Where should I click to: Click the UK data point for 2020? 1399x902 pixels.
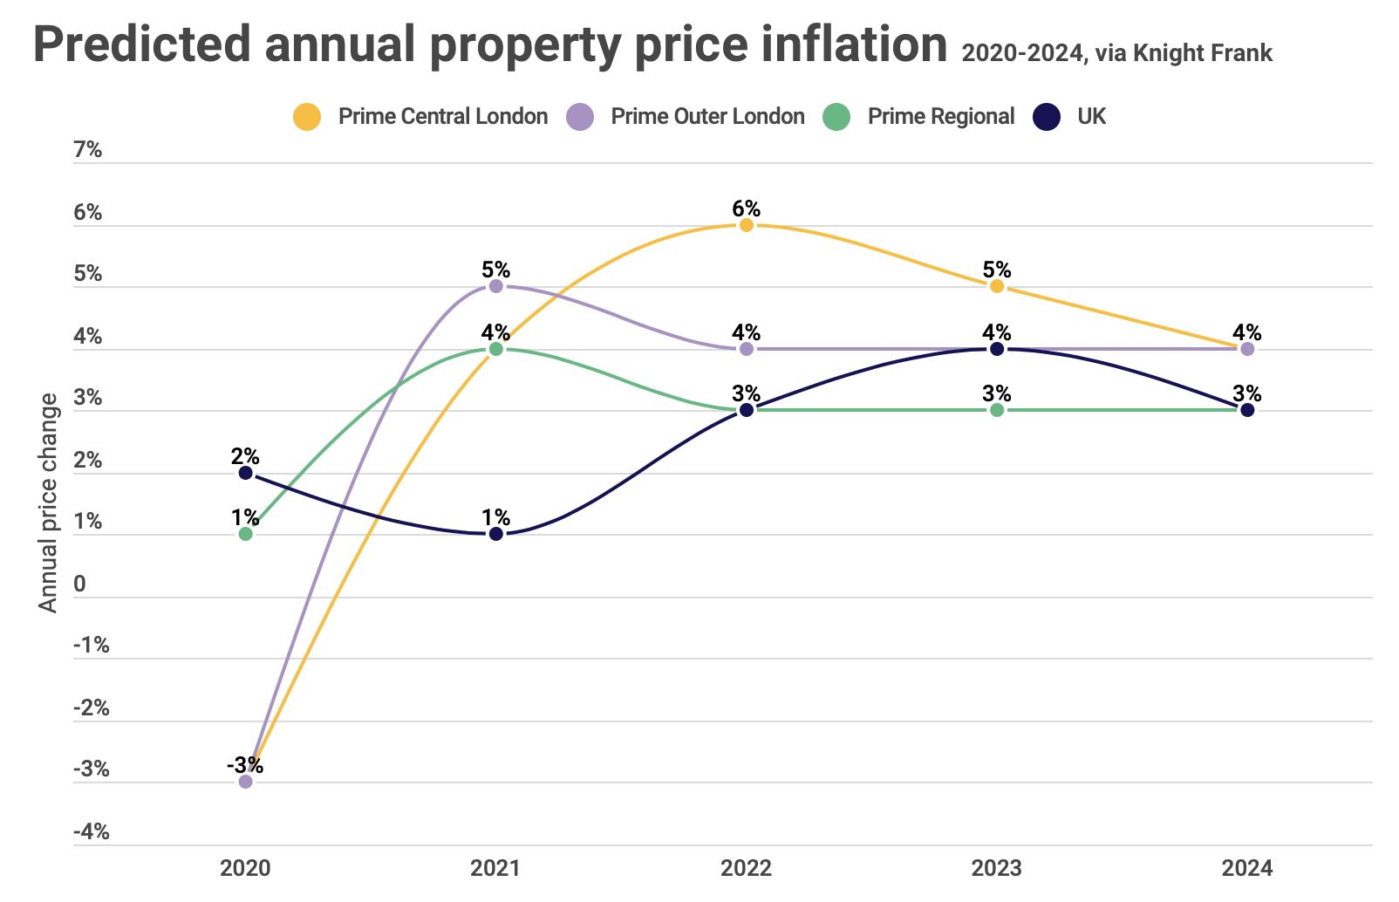click(x=246, y=473)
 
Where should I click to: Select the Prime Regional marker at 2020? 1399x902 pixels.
click(x=246, y=534)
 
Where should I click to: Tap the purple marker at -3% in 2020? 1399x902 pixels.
click(x=246, y=782)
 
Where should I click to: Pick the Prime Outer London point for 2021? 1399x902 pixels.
click(x=496, y=286)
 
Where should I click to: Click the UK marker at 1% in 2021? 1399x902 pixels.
click(x=496, y=534)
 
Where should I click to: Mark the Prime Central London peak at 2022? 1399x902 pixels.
click(x=747, y=225)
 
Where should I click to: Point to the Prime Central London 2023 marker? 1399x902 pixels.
click(x=997, y=286)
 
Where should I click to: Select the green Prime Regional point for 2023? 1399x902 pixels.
click(x=997, y=410)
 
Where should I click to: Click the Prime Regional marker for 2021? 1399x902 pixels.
click(x=496, y=349)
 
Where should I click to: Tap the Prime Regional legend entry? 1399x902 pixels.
click(x=920, y=117)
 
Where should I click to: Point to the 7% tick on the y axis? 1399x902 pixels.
click(x=88, y=150)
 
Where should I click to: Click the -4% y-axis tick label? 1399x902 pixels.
click(x=91, y=832)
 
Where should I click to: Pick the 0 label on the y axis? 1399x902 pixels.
click(x=80, y=584)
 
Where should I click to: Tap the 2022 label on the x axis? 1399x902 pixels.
click(x=747, y=869)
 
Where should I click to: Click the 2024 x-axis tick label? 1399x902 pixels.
click(x=1247, y=869)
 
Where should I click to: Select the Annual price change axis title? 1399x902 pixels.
click(x=49, y=502)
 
